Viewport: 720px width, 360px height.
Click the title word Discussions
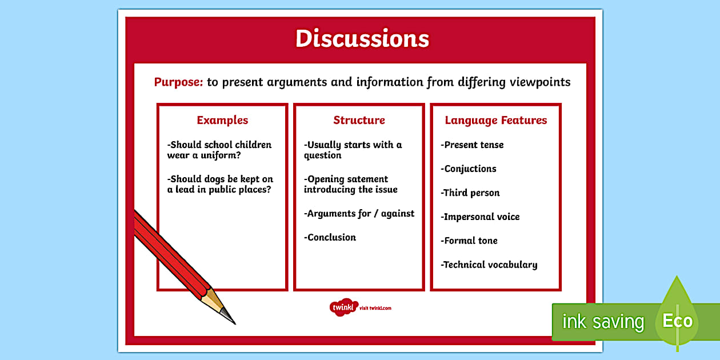tap(362, 39)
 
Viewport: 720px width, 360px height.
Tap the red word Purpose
tap(178, 82)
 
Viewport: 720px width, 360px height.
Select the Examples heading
tap(222, 120)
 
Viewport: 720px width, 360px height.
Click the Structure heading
tap(359, 120)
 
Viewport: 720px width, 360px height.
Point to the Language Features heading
tap(495, 120)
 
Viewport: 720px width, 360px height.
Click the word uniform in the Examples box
tap(222, 155)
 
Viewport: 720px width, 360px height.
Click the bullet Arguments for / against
tap(359, 214)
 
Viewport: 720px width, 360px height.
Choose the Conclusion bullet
tap(330, 238)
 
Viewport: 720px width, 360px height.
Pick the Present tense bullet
tap(473, 145)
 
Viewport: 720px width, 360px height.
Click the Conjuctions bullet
tap(469, 169)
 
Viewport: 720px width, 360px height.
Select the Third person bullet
tap(470, 193)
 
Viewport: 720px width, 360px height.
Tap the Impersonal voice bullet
tap(481, 217)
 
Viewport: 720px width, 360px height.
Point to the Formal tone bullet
tap(469, 241)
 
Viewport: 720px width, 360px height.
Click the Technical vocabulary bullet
tap(489, 265)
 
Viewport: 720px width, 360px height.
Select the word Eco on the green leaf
tap(677, 321)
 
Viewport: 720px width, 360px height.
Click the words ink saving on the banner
tap(603, 322)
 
